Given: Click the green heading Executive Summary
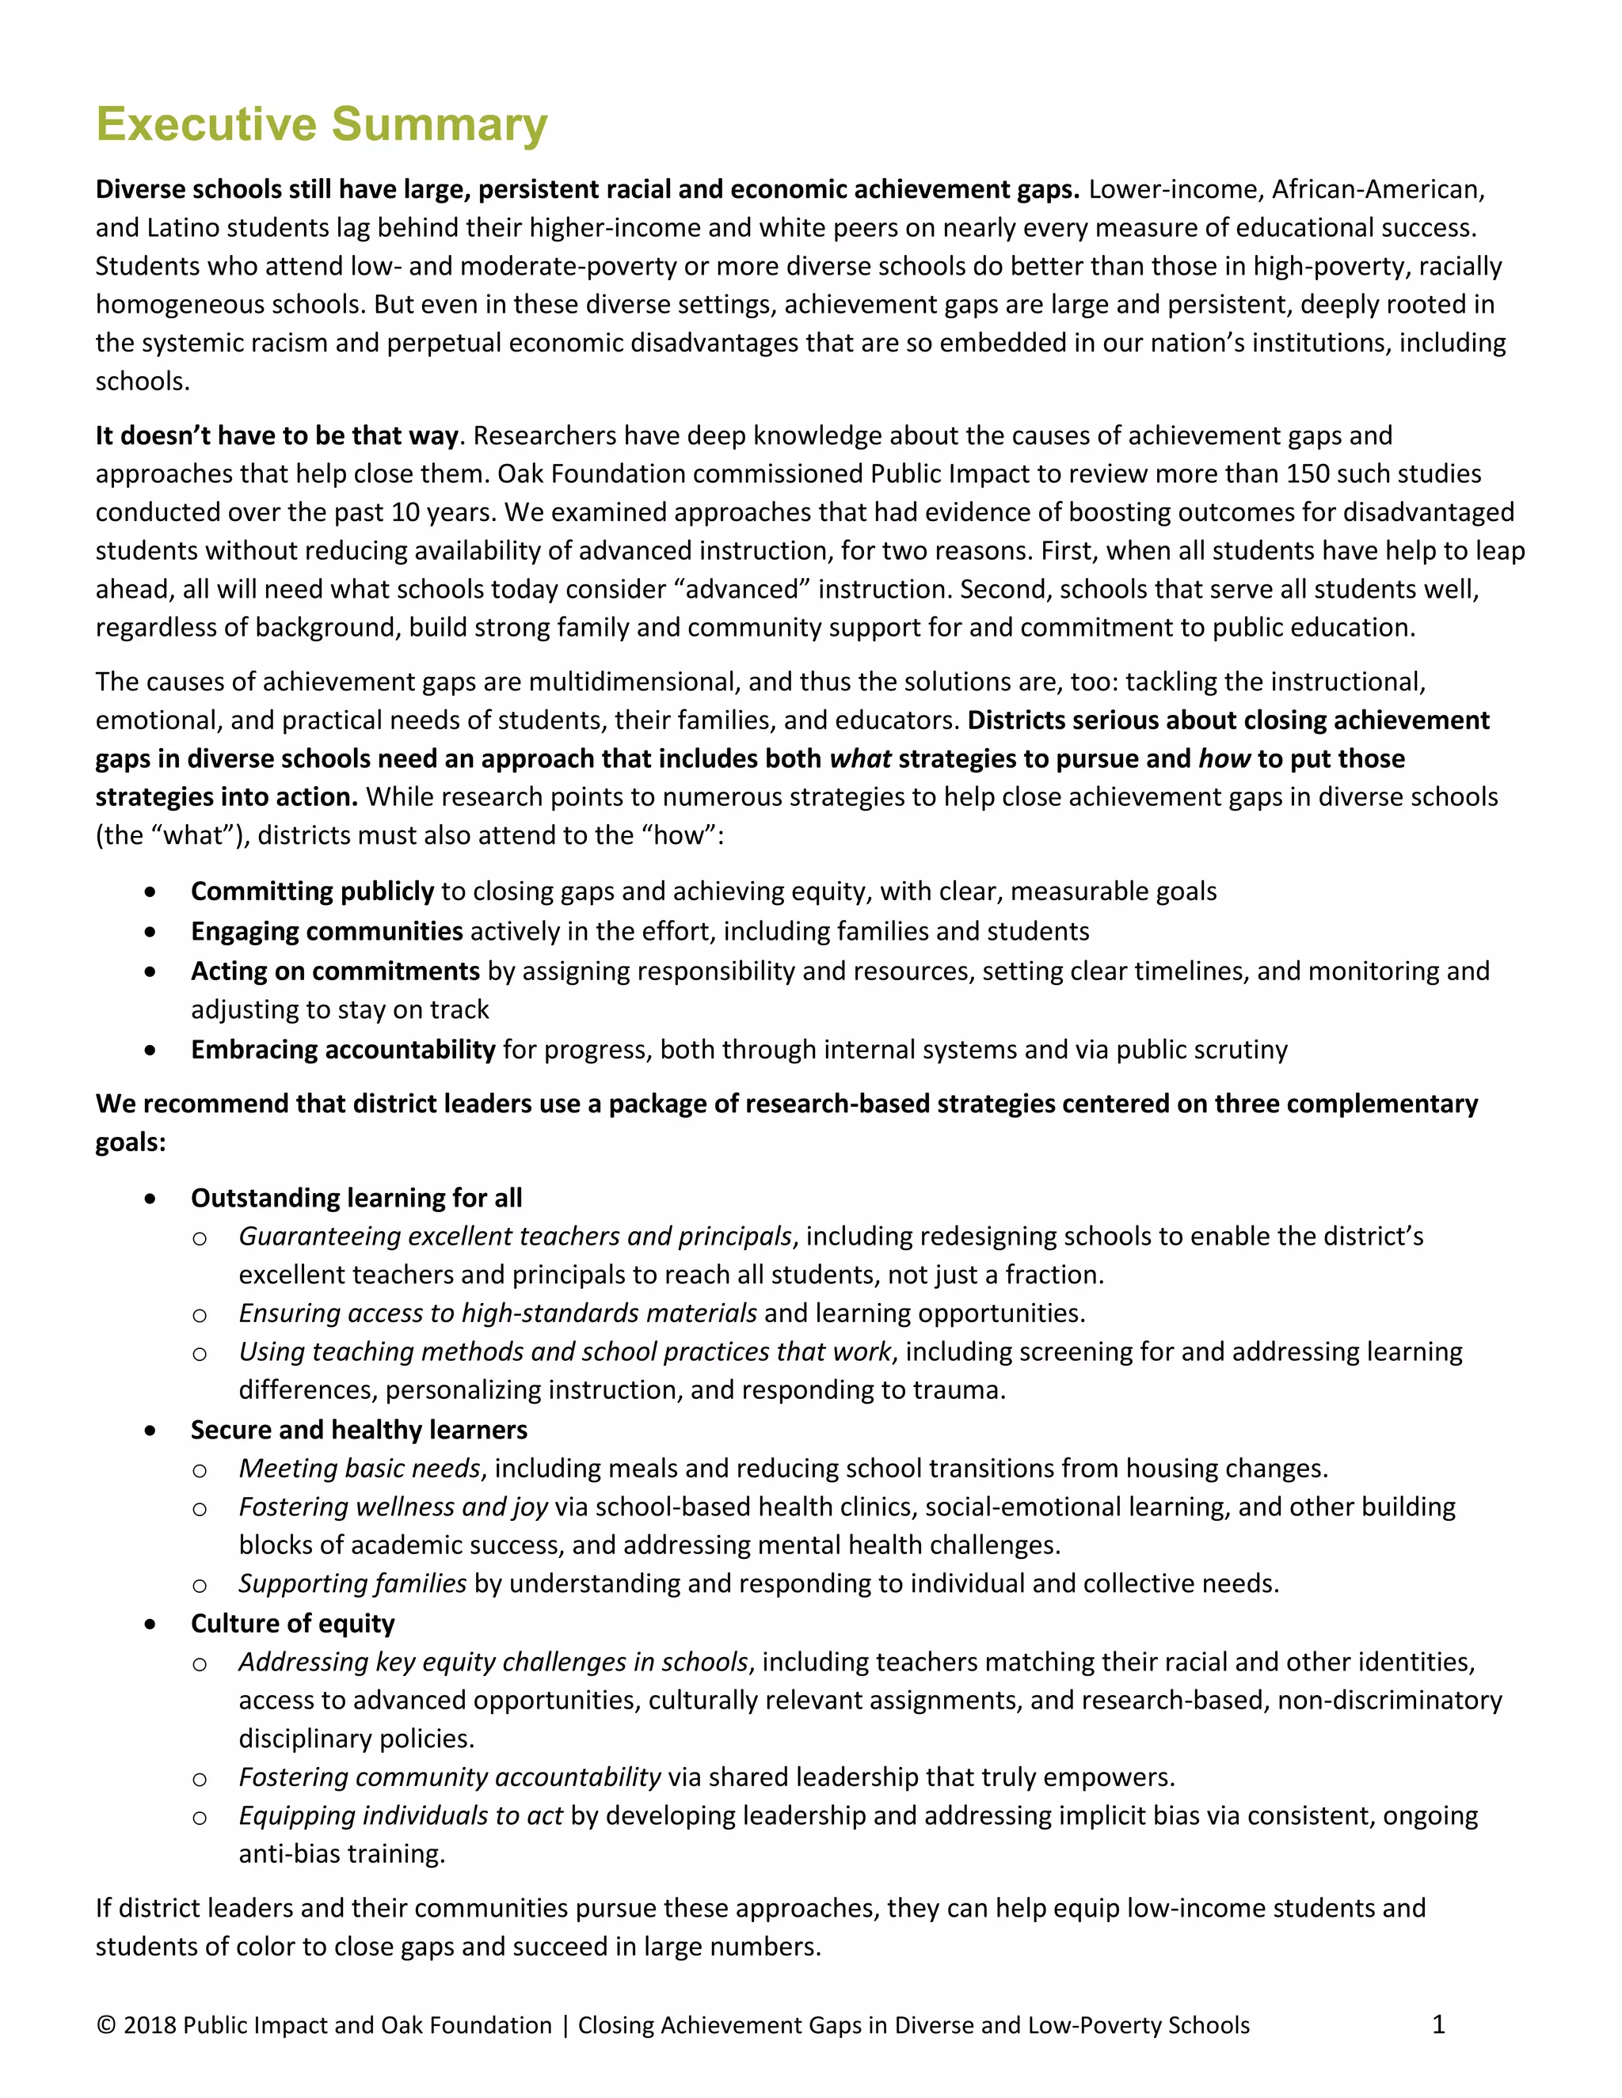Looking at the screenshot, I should click(x=321, y=125).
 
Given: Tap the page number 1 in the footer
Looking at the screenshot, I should click(x=1438, y=2024).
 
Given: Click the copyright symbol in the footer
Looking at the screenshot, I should click(x=105, y=2025).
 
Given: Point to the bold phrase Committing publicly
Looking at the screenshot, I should click(x=312, y=891).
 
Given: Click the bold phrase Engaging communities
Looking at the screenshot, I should click(x=327, y=931).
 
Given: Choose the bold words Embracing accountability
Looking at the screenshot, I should click(x=343, y=1049).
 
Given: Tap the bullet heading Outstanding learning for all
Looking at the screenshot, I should click(x=356, y=1198).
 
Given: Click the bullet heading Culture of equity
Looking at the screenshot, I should click(x=292, y=1624).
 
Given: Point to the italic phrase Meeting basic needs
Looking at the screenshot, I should click(x=360, y=1468).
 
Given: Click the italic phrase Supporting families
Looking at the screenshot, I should click(x=352, y=1583).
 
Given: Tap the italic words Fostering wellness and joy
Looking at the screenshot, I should click(x=393, y=1507).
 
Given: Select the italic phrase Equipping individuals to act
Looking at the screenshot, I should click(x=401, y=1815).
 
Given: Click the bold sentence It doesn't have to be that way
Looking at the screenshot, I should click(x=276, y=436).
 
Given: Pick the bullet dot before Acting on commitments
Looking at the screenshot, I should click(x=150, y=971).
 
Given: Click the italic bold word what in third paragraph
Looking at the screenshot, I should click(x=860, y=759).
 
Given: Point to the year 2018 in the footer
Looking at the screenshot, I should click(x=149, y=2025).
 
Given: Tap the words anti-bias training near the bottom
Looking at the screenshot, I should click(x=341, y=1854).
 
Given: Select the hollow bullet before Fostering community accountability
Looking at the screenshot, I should click(x=199, y=1779).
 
